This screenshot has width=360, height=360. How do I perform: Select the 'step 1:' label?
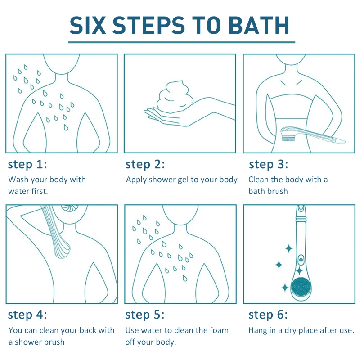[x=27, y=164]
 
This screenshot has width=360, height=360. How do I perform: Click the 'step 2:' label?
[x=145, y=164]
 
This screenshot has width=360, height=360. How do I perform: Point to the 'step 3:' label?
[x=269, y=164]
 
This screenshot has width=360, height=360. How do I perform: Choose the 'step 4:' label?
[x=27, y=314]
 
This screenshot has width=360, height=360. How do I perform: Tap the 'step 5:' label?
[x=145, y=314]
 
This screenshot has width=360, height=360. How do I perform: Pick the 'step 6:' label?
[x=268, y=314]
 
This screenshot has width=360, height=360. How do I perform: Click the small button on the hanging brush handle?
[x=300, y=260]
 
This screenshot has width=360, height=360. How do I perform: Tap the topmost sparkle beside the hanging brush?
[x=288, y=248]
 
